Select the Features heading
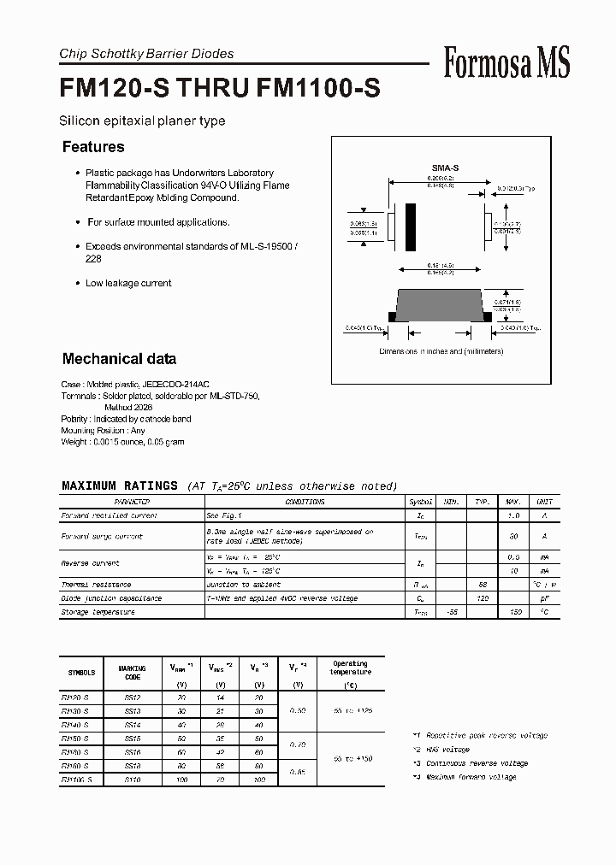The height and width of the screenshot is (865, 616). [93, 147]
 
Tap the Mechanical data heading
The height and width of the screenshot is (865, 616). [119, 359]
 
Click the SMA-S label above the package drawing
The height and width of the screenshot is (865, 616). [445, 168]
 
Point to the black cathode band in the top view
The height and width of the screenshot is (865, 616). [411, 228]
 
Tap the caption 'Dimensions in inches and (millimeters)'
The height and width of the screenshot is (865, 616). [441, 351]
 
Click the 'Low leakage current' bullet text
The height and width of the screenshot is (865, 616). [128, 283]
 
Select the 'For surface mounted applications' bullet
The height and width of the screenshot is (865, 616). [158, 222]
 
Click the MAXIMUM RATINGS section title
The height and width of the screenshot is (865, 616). [120, 485]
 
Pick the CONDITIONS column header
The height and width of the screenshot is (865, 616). [305, 502]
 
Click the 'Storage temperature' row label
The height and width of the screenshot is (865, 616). [98, 612]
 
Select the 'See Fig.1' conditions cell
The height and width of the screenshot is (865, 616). [224, 515]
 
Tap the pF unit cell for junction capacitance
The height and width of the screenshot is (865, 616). [544, 598]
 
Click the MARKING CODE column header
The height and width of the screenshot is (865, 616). [132, 673]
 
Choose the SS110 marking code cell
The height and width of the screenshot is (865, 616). [132, 780]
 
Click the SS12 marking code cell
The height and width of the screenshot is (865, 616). [132, 697]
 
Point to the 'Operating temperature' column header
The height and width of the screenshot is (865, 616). [350, 668]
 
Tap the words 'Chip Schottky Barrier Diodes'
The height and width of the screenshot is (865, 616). [146, 54]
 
